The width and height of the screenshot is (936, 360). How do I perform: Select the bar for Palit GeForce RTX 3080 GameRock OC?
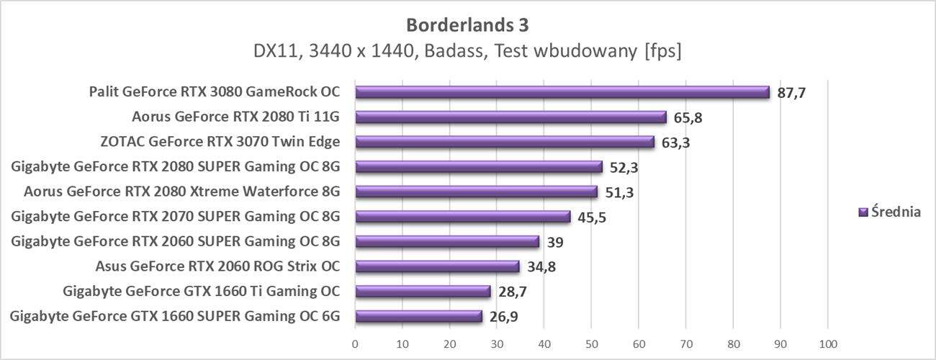click(x=562, y=92)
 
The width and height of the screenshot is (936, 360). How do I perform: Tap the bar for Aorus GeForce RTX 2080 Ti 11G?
click(x=510, y=117)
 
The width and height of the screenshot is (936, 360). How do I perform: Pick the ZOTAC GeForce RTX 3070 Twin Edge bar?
click(x=504, y=142)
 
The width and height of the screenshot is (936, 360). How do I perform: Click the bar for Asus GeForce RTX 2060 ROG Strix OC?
click(x=437, y=266)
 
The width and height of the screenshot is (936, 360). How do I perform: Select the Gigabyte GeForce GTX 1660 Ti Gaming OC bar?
click(x=423, y=292)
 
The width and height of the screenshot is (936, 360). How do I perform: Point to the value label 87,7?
click(x=791, y=94)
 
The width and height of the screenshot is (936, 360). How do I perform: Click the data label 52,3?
click(x=624, y=168)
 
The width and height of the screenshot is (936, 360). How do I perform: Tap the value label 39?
click(x=556, y=242)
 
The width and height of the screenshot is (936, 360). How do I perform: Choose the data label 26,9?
click(x=504, y=317)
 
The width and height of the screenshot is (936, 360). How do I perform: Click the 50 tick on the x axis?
click(x=592, y=343)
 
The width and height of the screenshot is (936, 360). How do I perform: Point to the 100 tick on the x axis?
click(x=828, y=343)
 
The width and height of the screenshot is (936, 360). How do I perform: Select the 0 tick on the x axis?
click(x=355, y=343)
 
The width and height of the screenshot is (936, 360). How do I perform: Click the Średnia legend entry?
click(x=896, y=212)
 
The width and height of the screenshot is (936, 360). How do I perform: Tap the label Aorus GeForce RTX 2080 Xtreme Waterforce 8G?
click(x=181, y=192)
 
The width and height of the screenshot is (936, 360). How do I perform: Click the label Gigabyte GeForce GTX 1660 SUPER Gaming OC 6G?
click(x=175, y=316)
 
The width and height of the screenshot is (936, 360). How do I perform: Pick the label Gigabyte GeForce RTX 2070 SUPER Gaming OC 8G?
click(x=175, y=216)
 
